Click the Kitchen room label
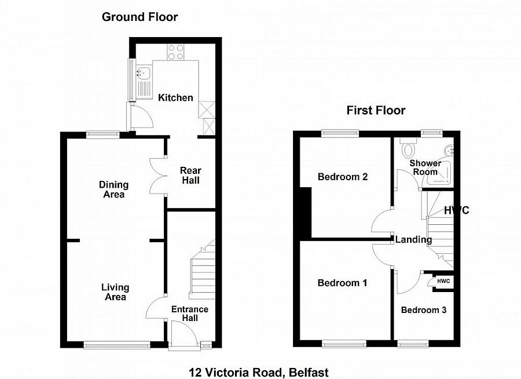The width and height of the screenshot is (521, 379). [x=175, y=98]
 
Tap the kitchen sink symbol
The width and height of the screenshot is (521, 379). [x=143, y=74]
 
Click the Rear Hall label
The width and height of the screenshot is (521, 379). [x=190, y=176]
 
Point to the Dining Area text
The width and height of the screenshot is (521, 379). [x=113, y=189]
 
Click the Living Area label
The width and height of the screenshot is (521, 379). [x=115, y=292]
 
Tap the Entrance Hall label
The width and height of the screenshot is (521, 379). [x=189, y=314]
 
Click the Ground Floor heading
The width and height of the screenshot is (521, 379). [x=140, y=17]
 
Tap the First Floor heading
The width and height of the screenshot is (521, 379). [x=376, y=110]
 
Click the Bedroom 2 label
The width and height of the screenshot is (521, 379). [x=343, y=177]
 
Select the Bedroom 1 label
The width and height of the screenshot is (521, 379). [x=342, y=283]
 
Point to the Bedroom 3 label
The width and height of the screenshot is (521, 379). [x=424, y=310]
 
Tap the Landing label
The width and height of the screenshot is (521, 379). [x=413, y=239]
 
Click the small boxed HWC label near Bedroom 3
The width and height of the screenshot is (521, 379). [x=443, y=281]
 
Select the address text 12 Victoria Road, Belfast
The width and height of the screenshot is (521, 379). [x=259, y=372]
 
